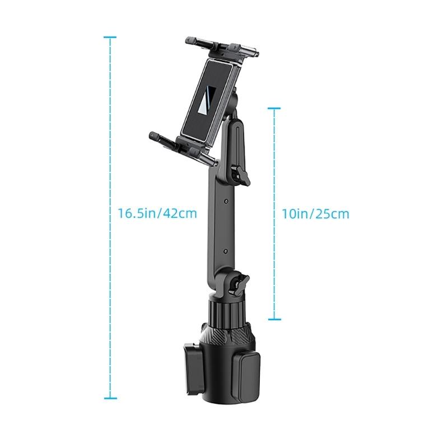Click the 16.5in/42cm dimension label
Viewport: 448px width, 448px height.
coord(157,213)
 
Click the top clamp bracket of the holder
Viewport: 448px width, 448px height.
coord(222,48)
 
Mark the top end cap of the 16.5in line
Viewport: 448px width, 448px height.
coord(110,38)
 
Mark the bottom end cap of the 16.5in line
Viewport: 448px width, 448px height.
coord(110,398)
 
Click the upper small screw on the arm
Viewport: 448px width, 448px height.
coord(225,200)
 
